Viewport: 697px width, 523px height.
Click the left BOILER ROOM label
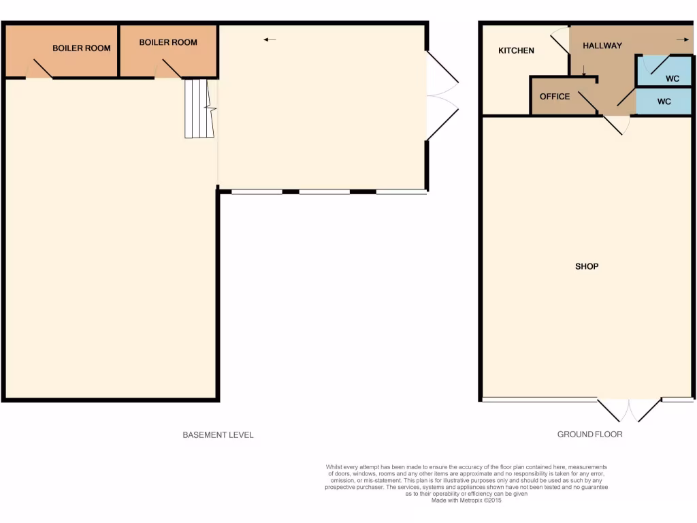(x=82, y=48)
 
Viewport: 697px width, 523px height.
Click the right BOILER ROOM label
(x=168, y=42)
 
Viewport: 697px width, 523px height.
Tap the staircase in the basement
(x=199, y=108)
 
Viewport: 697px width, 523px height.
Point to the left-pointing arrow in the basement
(x=270, y=39)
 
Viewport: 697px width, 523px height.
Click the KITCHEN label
(x=516, y=51)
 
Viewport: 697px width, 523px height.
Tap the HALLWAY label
(x=602, y=46)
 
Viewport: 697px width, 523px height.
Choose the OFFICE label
(x=554, y=97)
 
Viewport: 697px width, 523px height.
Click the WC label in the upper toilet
(x=672, y=79)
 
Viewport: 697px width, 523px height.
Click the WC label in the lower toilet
(x=664, y=101)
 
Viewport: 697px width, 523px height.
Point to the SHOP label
(x=586, y=266)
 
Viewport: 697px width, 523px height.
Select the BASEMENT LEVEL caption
(x=218, y=435)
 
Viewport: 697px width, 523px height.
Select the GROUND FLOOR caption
(x=589, y=434)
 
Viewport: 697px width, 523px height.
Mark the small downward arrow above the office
(x=583, y=69)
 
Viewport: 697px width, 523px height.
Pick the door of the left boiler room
(x=40, y=69)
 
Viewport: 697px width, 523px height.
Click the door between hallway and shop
(x=616, y=123)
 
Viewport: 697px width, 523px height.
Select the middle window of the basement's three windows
(x=325, y=192)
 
